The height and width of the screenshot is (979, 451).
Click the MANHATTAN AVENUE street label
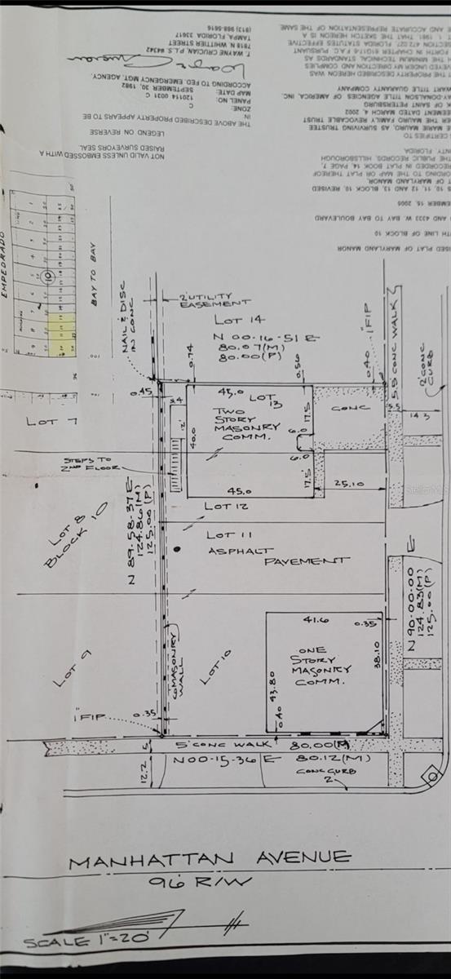tap(210, 858)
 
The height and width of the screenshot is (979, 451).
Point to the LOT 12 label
tap(220, 507)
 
